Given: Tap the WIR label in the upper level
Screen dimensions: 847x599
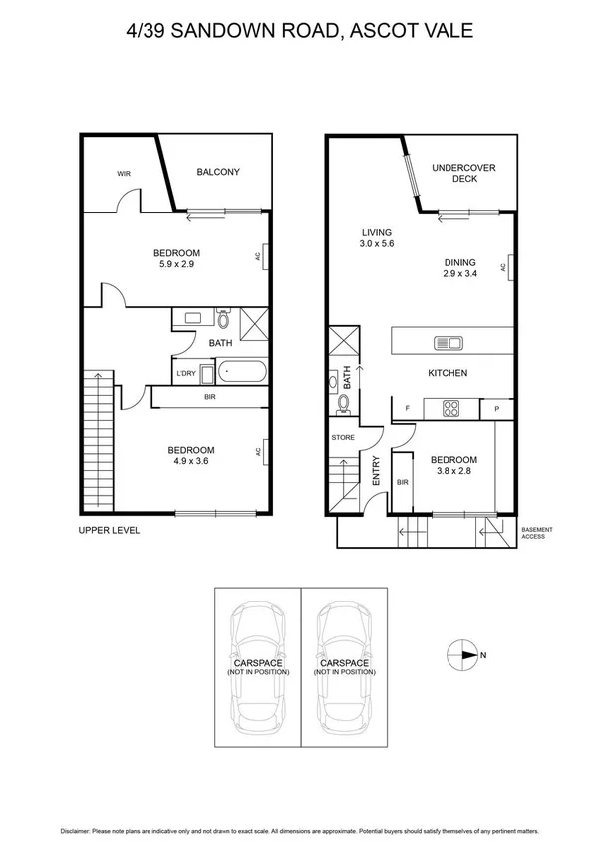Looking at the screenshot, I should (x=124, y=174).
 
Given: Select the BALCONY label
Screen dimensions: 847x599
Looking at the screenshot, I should (x=217, y=172).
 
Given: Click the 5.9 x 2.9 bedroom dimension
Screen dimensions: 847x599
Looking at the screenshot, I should (x=177, y=265).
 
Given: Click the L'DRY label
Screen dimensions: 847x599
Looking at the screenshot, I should (x=185, y=374).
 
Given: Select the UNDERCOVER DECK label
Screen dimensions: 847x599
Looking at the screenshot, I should (x=463, y=173).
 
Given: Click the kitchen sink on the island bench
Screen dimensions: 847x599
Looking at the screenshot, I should (x=448, y=343).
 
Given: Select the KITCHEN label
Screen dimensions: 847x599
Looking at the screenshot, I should (x=448, y=373).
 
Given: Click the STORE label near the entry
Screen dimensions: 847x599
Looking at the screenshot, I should (x=343, y=437).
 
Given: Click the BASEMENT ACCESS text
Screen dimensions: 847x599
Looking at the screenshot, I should (x=537, y=533).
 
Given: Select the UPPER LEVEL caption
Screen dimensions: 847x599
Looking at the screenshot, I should (x=109, y=531).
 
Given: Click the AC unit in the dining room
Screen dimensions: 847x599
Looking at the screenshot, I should (x=506, y=266).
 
